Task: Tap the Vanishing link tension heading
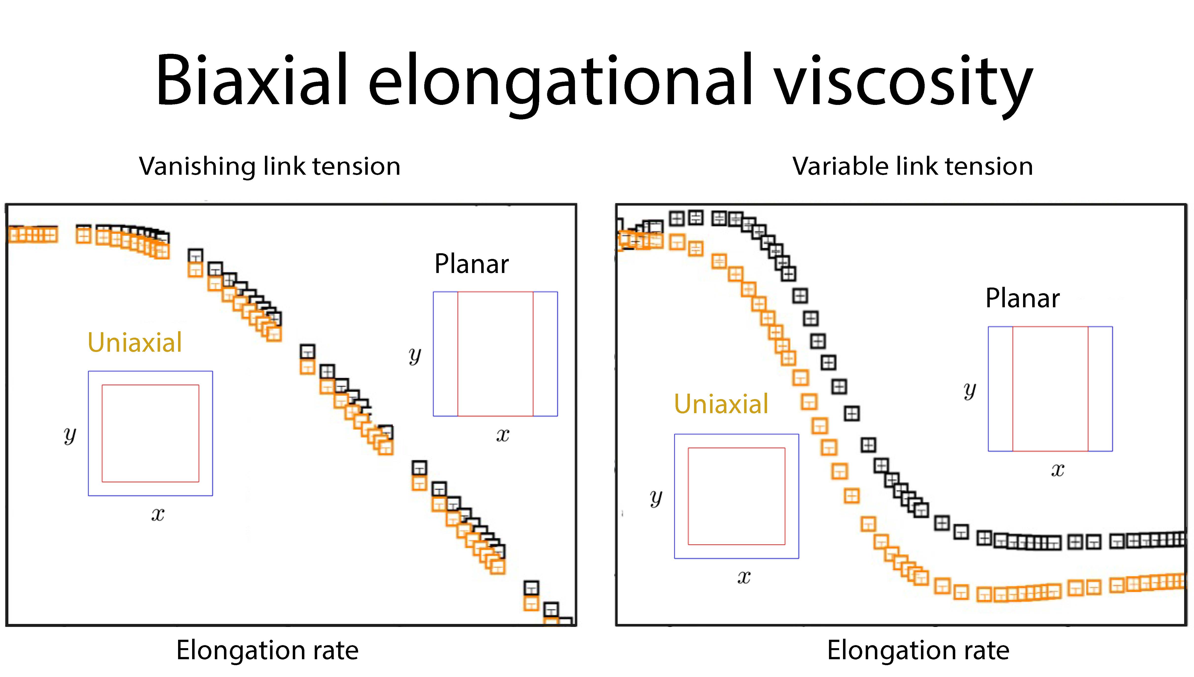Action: [x=270, y=166]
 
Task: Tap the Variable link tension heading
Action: [x=913, y=166]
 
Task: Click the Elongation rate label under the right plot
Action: [x=918, y=650]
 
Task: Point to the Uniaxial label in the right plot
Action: [x=721, y=404]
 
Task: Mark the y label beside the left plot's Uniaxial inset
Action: [x=70, y=435]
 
